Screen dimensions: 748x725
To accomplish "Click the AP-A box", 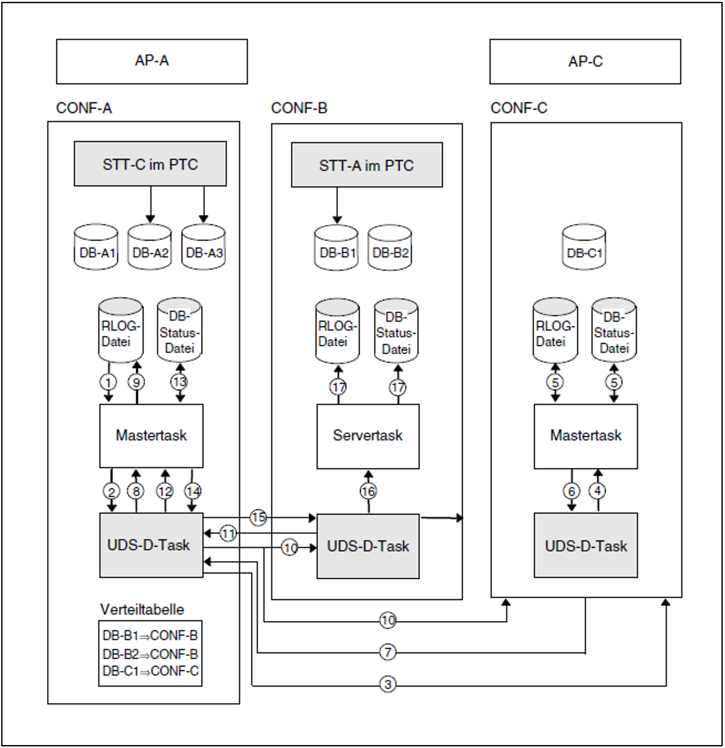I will click(x=152, y=61).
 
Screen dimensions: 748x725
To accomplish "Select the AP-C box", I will click(x=585, y=61).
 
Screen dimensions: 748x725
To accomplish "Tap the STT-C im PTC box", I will click(x=150, y=164).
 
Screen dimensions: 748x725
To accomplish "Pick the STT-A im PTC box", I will click(x=367, y=165).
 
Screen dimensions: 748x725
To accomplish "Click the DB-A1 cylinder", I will click(x=96, y=248).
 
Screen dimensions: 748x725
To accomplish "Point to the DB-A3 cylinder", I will click(x=204, y=248).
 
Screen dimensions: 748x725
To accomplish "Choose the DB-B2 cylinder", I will click(x=390, y=248).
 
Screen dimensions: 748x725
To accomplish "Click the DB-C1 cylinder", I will click(x=584, y=248).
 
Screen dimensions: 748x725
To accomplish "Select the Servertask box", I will click(x=368, y=436).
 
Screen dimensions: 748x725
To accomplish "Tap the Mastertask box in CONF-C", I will click(x=585, y=436).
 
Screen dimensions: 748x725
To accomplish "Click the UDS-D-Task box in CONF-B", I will click(x=368, y=546).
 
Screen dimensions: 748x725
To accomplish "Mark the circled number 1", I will click(x=108, y=382).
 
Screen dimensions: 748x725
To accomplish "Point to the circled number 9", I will click(x=136, y=382).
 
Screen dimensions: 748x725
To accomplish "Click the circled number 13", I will click(x=179, y=382).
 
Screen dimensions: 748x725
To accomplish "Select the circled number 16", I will click(x=368, y=491).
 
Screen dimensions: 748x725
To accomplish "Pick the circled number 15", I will click(x=258, y=518).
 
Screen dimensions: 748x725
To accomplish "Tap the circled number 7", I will click(x=388, y=652).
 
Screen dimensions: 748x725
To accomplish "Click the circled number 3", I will click(x=388, y=684).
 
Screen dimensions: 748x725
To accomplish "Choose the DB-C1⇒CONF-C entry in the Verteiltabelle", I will click(x=151, y=671).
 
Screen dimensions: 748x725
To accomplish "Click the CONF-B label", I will click(x=299, y=108).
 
